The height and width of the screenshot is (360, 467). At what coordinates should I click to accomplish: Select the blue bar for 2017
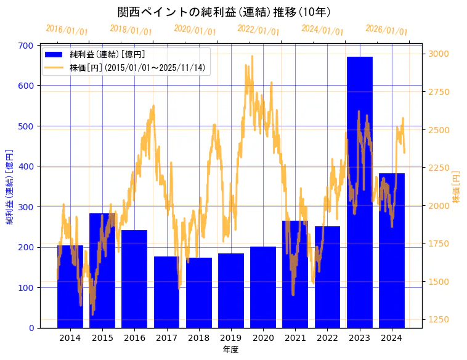tap(166, 292)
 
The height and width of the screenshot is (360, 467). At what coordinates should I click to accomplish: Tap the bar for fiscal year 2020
tap(263, 287)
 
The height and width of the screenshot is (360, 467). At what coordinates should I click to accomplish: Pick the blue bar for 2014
tap(70, 287)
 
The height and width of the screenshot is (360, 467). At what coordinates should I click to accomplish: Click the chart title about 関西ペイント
tap(224, 12)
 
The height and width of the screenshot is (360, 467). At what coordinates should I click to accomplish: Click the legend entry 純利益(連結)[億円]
tap(107, 55)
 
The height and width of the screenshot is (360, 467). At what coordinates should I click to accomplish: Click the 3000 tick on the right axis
tap(439, 54)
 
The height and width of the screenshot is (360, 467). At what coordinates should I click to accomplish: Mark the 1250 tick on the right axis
tap(439, 320)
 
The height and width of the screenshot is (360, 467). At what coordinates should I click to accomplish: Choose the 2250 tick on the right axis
tap(439, 168)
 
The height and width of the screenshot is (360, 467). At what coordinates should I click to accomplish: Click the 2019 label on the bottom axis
tap(230, 338)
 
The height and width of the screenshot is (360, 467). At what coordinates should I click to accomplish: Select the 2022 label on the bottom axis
tap(327, 338)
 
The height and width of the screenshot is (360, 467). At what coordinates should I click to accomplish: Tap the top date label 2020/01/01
tap(195, 30)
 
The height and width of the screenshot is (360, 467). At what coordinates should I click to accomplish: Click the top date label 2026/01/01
tap(386, 30)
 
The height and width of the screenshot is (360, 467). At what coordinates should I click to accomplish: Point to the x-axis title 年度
tap(230, 350)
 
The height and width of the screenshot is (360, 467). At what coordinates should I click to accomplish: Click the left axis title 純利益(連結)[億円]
tap(10, 187)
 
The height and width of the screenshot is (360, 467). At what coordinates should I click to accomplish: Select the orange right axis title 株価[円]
tap(457, 187)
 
